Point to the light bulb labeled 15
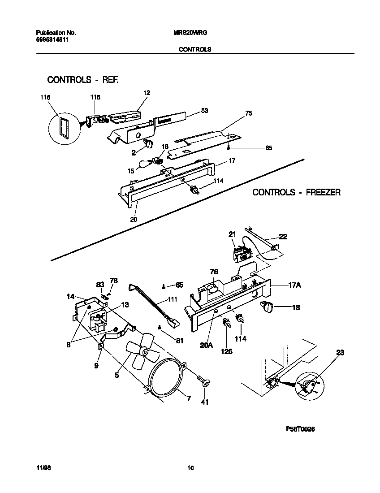coord(145,165)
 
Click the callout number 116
coord(45,97)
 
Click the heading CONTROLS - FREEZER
coord(296,192)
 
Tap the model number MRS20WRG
coord(190,33)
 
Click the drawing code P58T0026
coord(300,429)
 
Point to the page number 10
coord(190,468)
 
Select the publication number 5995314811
coord(52,39)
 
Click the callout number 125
coord(227,351)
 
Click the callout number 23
coord(340,353)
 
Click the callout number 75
coord(248,113)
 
